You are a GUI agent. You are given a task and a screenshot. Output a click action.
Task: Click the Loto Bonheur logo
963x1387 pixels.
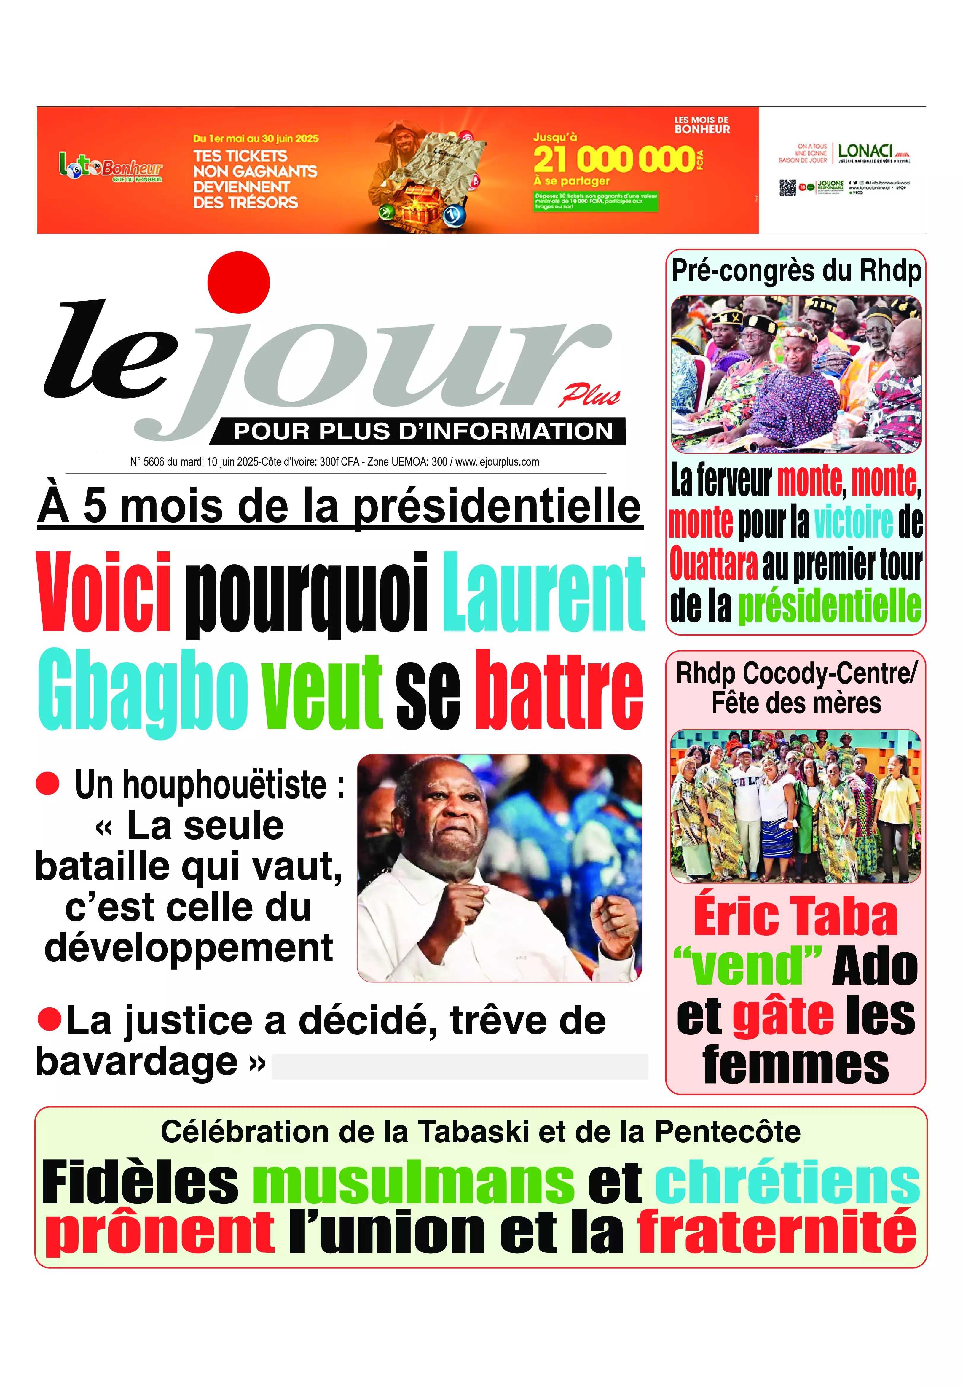point(110,167)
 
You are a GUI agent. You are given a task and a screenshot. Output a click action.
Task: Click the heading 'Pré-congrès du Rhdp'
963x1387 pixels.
point(796,271)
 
